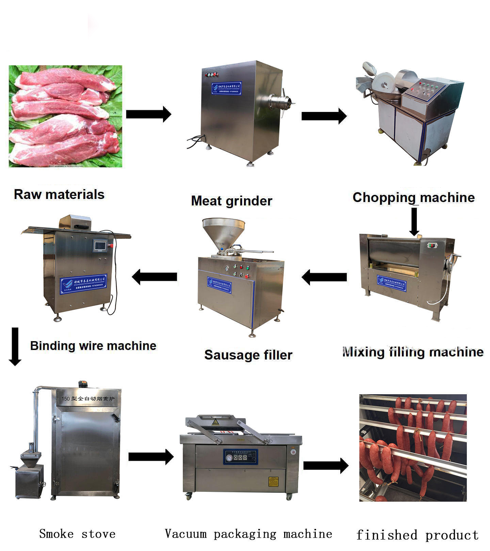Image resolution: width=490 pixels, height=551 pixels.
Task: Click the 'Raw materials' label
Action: point(59,195)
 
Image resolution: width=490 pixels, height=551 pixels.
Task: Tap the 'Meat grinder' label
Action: point(231,201)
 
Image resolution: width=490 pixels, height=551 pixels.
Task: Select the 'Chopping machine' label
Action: point(413,197)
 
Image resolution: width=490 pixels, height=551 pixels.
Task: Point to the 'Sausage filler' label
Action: point(248,355)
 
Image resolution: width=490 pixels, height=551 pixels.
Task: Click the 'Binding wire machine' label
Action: point(93,346)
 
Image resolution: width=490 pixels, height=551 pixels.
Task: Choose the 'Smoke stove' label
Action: point(77,534)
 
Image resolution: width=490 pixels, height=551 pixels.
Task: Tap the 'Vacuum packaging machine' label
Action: point(248,534)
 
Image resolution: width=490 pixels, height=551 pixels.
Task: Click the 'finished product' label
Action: point(417,535)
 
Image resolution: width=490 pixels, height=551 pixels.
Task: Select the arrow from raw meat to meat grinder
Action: point(148,114)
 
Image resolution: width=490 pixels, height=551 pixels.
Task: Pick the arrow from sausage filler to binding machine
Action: point(154,277)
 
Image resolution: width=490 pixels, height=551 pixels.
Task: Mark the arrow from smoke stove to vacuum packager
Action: point(151,457)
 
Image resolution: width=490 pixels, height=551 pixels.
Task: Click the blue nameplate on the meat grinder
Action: point(226,88)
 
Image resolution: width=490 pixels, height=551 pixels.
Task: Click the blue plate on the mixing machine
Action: point(391,283)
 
